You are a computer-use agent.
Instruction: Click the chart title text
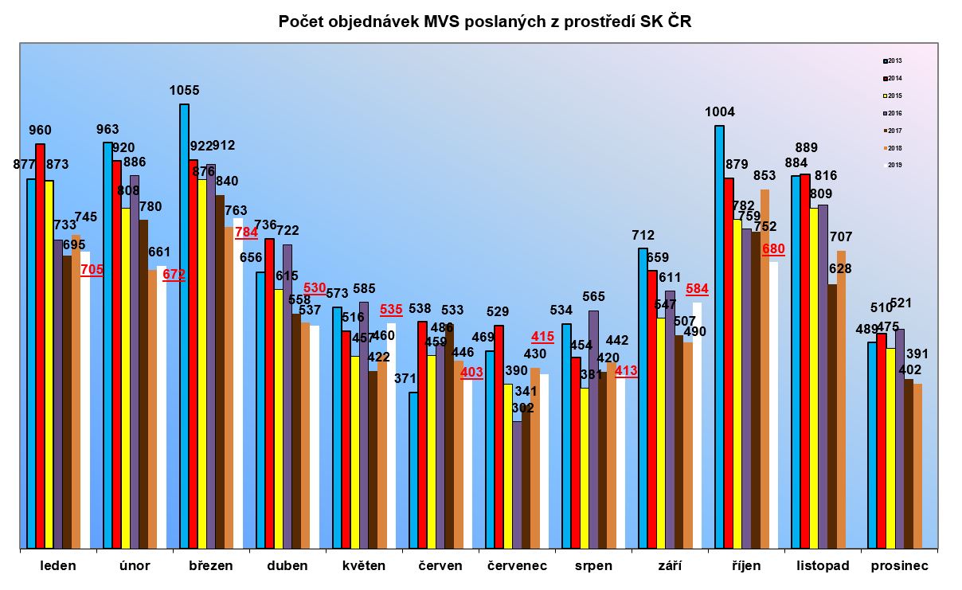point(485,21)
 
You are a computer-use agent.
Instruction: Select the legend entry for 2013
point(892,61)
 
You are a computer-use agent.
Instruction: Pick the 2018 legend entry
point(892,148)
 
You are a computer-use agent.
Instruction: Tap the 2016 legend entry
point(892,113)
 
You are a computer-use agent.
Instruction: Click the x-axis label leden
point(58,566)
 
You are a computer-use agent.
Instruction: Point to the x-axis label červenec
point(517,566)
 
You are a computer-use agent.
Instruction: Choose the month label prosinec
point(899,566)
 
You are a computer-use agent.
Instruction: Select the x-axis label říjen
point(746,566)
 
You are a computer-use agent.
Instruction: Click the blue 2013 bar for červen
point(413,470)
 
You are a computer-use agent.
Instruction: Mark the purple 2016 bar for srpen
point(593,429)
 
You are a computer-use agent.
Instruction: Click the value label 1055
point(185,91)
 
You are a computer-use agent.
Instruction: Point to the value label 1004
point(720,112)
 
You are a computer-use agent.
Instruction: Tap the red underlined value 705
point(92,270)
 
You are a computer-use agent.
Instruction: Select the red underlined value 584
point(697,288)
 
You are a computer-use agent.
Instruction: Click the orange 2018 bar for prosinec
point(917,466)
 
